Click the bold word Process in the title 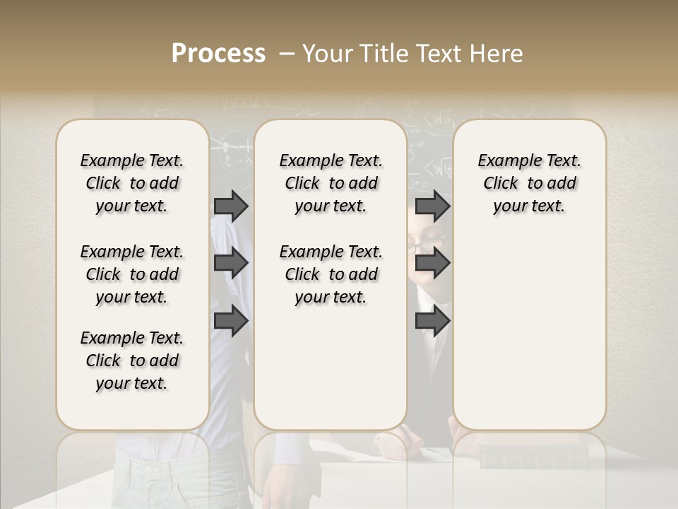(x=218, y=54)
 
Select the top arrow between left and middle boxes (x=231, y=206)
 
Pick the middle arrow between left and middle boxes (x=231, y=263)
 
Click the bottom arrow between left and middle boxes (x=231, y=321)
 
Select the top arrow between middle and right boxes (x=432, y=206)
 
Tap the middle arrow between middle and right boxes (x=432, y=263)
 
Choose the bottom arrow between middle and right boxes (x=432, y=321)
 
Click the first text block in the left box (x=132, y=183)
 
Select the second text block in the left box (x=132, y=274)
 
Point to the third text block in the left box (x=132, y=361)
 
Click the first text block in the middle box (x=331, y=183)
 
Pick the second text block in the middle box (x=331, y=274)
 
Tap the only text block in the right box (x=529, y=183)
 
